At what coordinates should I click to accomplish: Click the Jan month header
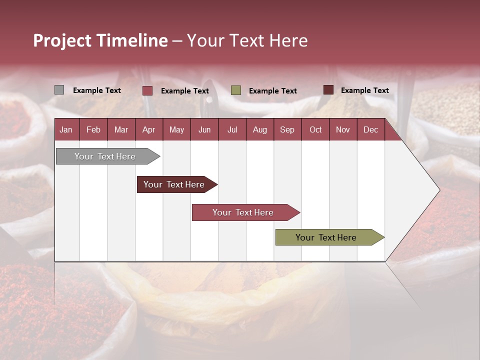[66, 129]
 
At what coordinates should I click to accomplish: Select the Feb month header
[93, 129]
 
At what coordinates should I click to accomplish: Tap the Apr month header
[148, 129]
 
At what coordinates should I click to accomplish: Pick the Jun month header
[204, 129]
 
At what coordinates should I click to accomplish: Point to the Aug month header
[259, 129]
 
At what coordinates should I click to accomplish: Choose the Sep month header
[287, 129]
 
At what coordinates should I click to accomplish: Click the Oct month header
[315, 129]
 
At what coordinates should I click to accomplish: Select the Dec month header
[370, 129]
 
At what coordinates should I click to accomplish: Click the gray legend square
[59, 90]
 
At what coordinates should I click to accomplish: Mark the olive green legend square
[236, 90]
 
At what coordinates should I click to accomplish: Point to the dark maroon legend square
[328, 90]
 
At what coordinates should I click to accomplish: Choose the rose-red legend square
[147, 90]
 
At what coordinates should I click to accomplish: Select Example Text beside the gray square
[97, 90]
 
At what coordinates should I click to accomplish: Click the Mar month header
[121, 129]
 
